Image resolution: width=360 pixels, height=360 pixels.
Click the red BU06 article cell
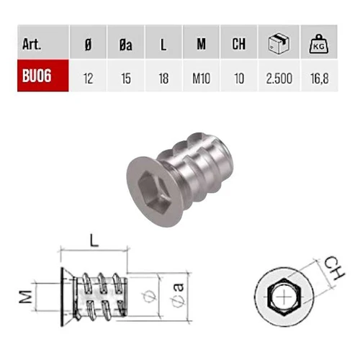[43, 76]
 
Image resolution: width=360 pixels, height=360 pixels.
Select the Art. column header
[32, 45]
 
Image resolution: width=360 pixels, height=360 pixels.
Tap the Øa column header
[126, 45]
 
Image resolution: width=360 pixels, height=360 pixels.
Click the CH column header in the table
[239, 44]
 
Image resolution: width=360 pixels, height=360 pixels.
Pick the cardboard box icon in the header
[279, 43]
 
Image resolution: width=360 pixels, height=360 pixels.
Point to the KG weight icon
[319, 44]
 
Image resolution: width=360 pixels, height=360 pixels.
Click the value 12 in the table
[89, 78]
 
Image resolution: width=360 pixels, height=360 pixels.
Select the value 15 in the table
[126, 78]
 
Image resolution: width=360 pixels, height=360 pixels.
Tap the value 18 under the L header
[163, 78]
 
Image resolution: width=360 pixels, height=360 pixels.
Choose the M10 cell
[201, 78]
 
